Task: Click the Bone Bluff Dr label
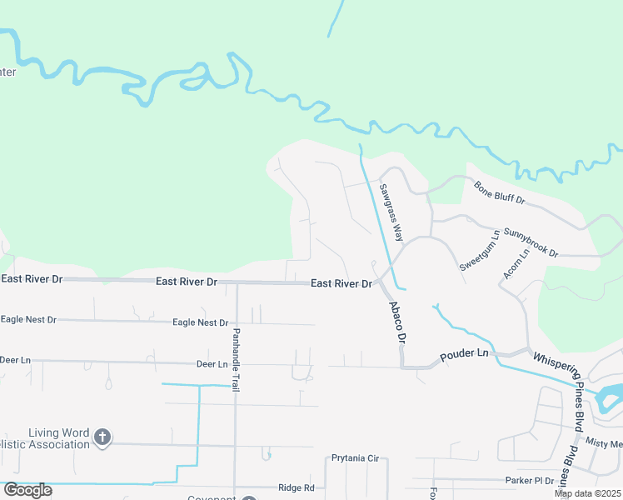(x=500, y=194)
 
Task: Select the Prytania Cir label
(x=355, y=458)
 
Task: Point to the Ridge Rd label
(x=297, y=487)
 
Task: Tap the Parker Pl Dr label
(x=530, y=480)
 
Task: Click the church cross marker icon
(x=102, y=437)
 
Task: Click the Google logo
(x=27, y=490)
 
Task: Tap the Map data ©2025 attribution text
(x=587, y=493)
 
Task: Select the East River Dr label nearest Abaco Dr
(x=341, y=284)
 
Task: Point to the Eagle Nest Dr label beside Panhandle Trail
(x=200, y=322)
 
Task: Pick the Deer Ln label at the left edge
(x=15, y=360)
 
